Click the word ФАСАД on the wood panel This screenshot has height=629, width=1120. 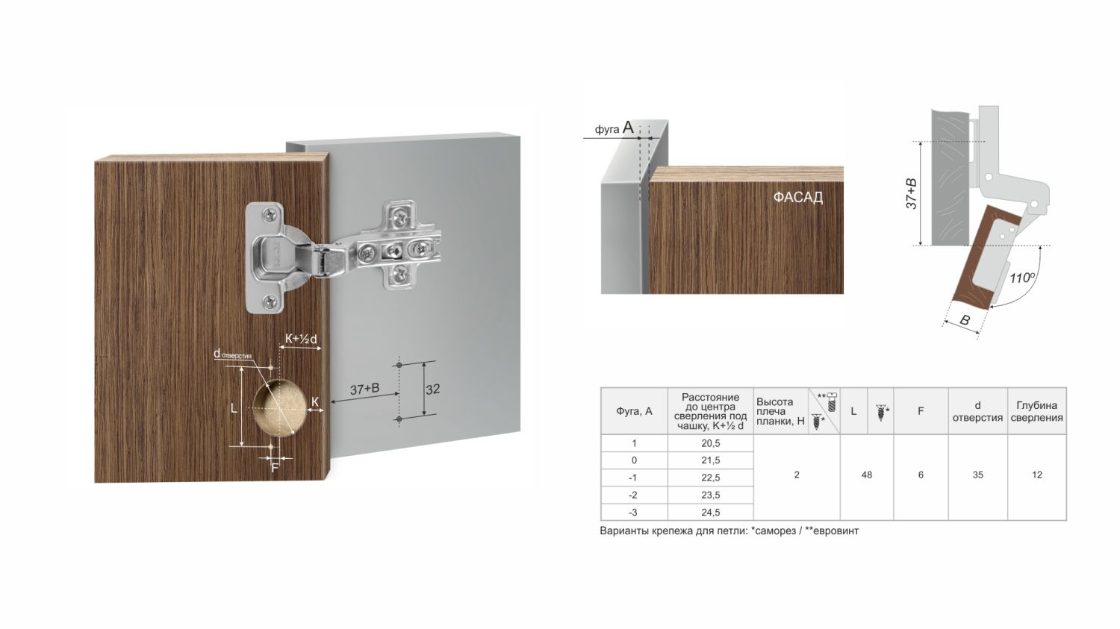797,197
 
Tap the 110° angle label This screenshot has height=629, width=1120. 1022,278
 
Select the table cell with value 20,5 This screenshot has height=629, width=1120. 711,443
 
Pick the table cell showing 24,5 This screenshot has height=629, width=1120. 711,512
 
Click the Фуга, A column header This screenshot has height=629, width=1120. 634,411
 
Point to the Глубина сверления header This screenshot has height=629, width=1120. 1036,411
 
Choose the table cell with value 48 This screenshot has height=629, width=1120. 866,475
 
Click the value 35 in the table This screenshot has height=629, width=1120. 977,475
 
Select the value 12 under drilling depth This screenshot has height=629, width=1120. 1036,475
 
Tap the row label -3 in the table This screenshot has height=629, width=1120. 634,512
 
